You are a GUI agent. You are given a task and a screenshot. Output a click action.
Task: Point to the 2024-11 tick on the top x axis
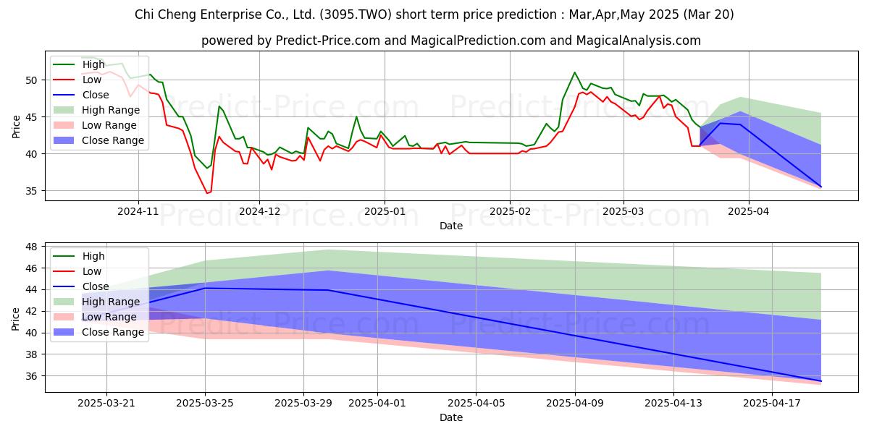click(x=138, y=211)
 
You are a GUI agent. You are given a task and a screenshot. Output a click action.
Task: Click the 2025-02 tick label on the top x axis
click(x=510, y=211)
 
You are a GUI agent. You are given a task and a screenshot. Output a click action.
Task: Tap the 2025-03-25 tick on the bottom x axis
click(x=205, y=403)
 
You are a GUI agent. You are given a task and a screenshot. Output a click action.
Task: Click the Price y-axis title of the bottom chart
click(x=16, y=317)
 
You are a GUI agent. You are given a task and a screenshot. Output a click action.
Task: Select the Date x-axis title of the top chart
click(x=450, y=226)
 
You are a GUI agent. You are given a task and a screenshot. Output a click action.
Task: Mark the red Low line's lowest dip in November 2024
click(x=207, y=193)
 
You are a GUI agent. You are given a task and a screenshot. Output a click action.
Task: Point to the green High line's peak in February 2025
click(x=574, y=72)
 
